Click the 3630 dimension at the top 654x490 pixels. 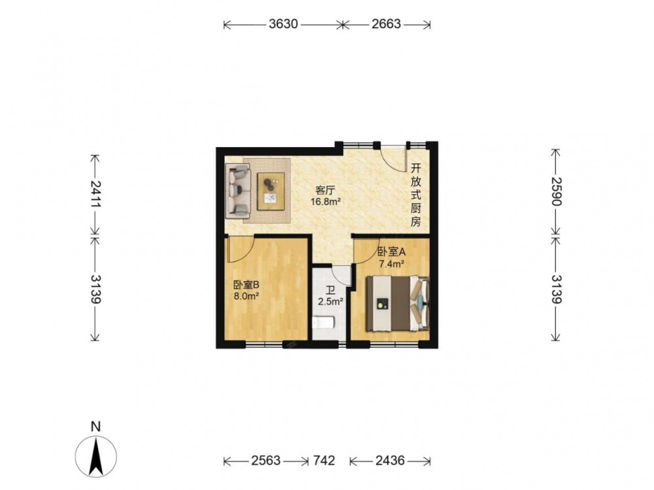(283, 24)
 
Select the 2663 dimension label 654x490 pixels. (387, 24)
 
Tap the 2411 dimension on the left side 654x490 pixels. (95, 194)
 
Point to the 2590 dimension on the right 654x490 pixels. (556, 191)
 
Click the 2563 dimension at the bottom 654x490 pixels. (266, 461)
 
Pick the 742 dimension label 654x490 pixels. (324, 461)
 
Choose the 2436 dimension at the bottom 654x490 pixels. (390, 461)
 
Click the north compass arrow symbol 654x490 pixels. (96, 457)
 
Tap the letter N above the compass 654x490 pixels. (96, 427)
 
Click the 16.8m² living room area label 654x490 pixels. (326, 202)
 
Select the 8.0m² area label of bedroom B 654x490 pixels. (247, 296)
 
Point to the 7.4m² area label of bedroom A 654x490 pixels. (391, 263)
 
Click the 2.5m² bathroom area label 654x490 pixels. (330, 301)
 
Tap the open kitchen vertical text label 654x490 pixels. (415, 195)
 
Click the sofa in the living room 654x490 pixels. (238, 191)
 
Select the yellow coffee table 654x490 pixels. (271, 191)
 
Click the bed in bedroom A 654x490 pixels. (398, 303)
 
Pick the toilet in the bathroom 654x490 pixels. (323, 323)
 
